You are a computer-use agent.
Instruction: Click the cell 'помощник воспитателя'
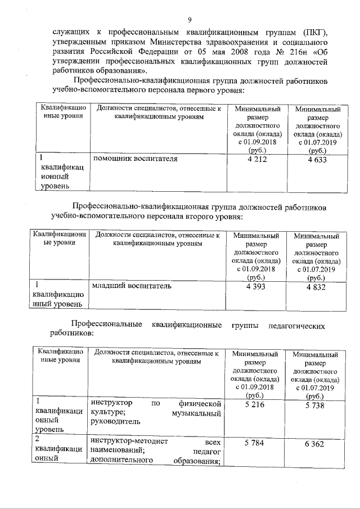(135, 159)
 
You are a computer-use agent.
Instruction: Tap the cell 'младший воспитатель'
(132, 286)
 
